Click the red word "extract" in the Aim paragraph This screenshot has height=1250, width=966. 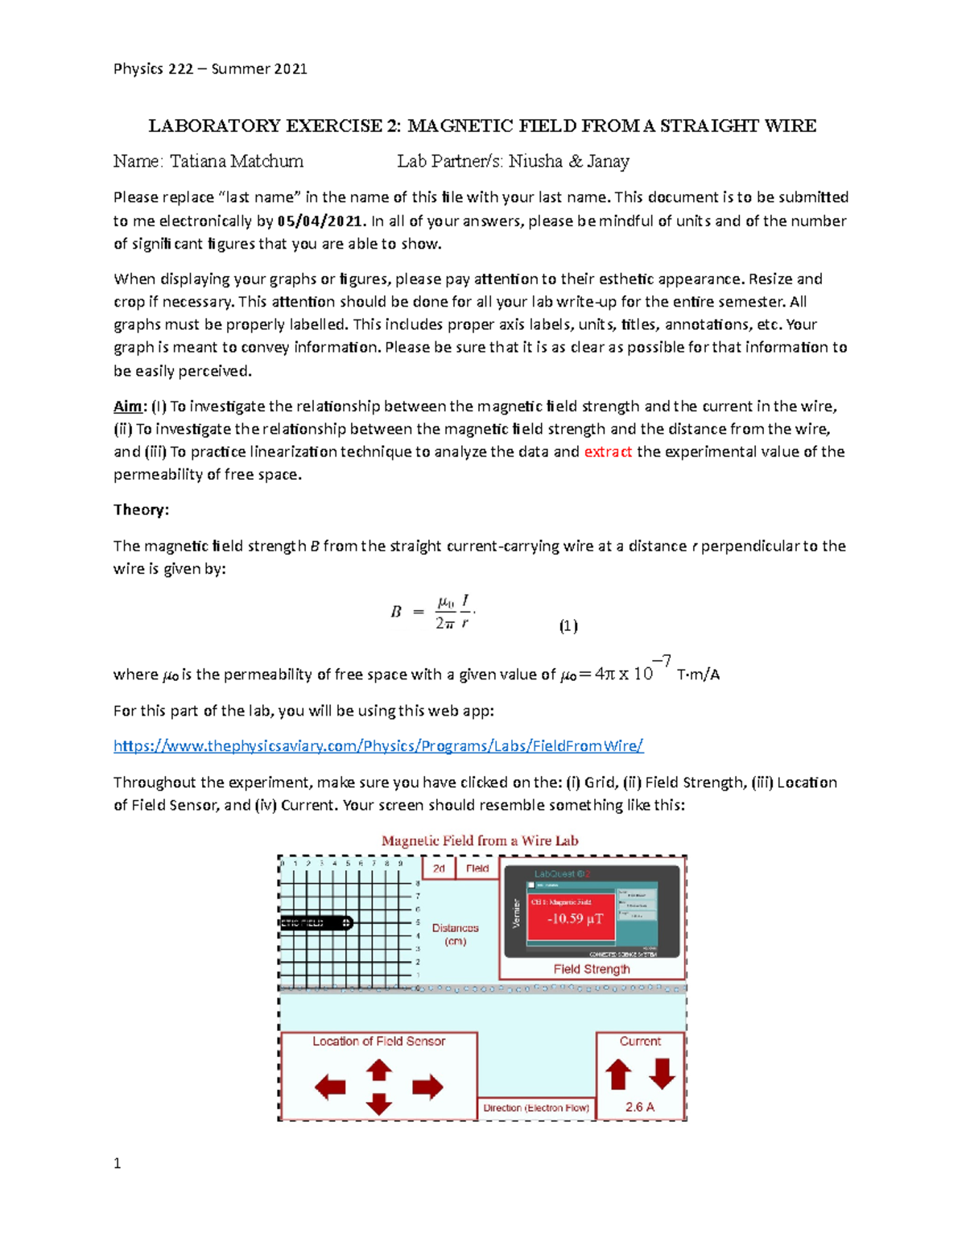point(608,452)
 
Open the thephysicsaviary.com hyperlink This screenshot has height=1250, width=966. point(378,746)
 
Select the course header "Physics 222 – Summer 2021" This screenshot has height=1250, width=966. point(210,69)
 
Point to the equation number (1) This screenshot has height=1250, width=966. point(568,626)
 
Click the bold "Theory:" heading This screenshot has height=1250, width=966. point(141,509)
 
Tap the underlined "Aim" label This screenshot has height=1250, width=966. point(128,406)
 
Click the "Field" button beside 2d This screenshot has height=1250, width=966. point(477,868)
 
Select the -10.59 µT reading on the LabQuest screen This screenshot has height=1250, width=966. point(575,918)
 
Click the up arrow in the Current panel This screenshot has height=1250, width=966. point(618,1075)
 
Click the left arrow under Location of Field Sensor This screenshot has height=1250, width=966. point(330,1087)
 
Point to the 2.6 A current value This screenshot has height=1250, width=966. point(640,1107)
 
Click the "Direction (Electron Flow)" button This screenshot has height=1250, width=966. point(536,1108)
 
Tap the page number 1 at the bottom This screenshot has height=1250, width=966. point(118,1163)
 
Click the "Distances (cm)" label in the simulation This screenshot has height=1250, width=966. point(455,934)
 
